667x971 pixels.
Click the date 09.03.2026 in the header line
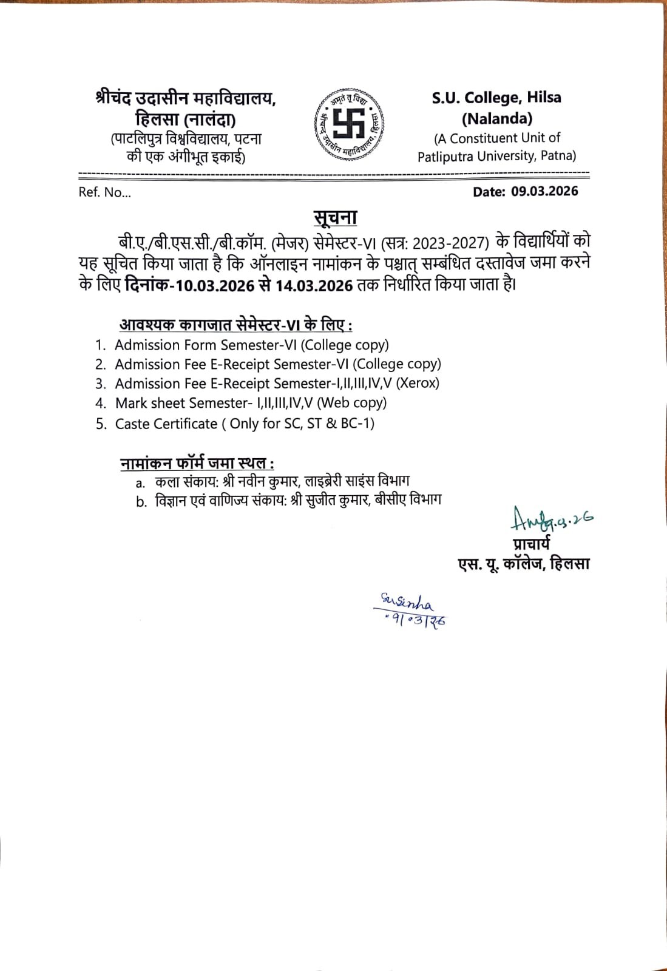coord(544,191)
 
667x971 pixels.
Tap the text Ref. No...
coord(104,193)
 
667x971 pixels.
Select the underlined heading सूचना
coord(335,217)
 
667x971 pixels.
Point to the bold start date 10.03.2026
coord(214,286)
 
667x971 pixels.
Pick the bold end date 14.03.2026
coord(314,286)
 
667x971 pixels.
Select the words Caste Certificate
coord(166,424)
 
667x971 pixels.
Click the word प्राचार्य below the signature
coord(531,544)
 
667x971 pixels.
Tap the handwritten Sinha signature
coord(407,602)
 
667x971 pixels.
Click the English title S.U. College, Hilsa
coord(496,98)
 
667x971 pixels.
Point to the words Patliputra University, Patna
coord(496,156)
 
